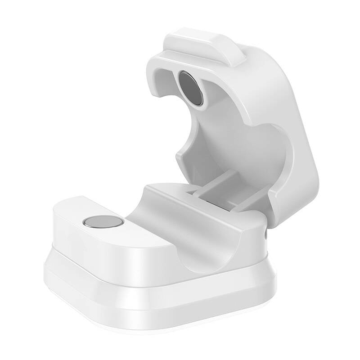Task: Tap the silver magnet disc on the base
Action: click(x=103, y=221)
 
